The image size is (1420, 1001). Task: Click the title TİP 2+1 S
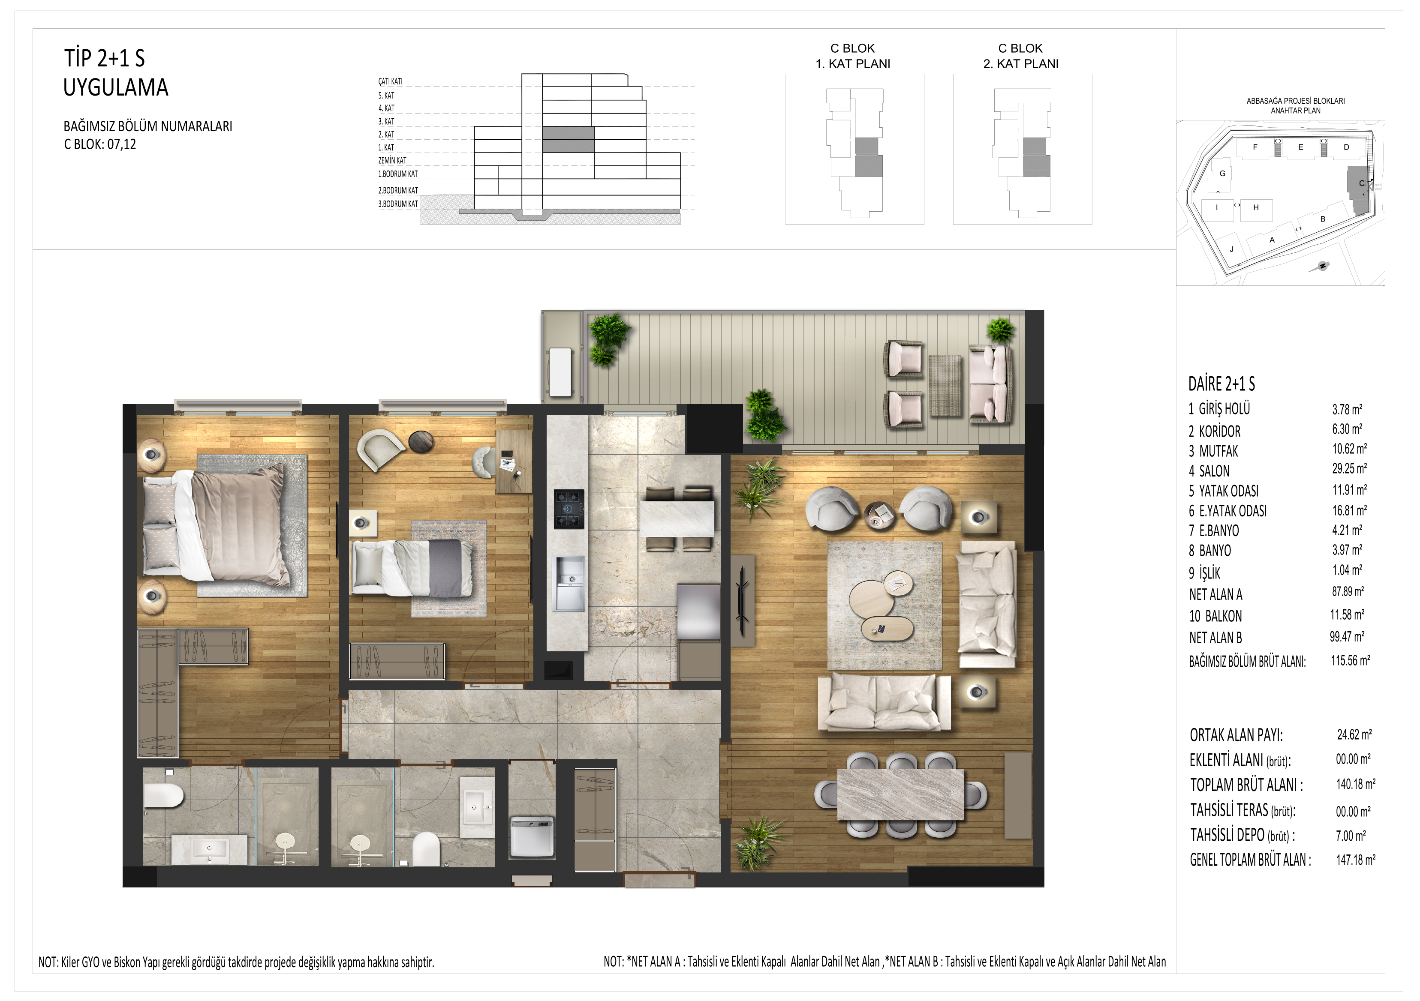point(105,58)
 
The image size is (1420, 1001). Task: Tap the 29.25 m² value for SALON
point(1350,469)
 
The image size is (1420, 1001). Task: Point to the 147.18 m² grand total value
point(1356,860)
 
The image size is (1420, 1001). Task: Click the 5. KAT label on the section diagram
point(386,95)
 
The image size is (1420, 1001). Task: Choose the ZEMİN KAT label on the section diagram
point(392,160)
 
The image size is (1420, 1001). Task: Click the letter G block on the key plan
point(1222,174)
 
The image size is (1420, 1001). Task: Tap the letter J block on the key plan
point(1231,249)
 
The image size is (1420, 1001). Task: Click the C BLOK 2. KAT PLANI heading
point(1021,56)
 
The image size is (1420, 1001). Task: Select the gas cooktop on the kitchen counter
point(569,509)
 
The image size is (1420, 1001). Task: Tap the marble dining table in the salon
point(900,794)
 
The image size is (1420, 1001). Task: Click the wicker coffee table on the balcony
point(945,385)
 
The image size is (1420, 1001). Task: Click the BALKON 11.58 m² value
point(1347,614)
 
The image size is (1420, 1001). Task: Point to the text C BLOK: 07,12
point(100,144)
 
